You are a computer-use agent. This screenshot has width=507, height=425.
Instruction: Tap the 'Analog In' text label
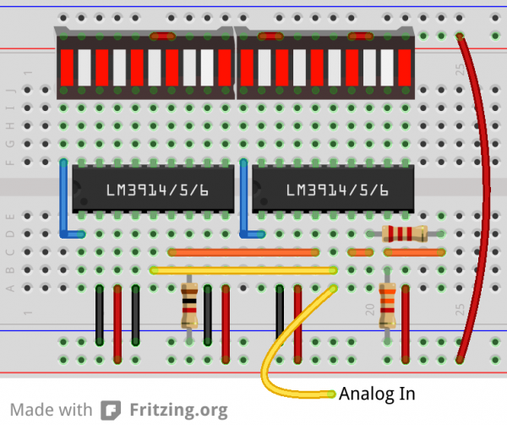click(x=377, y=394)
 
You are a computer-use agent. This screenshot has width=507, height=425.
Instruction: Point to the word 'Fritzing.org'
click(x=178, y=411)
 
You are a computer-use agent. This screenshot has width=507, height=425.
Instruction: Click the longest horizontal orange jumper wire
click(x=243, y=252)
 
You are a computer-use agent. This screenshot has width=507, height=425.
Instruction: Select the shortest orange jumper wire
click(x=361, y=252)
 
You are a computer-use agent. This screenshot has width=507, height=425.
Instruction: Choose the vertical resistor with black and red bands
click(x=189, y=306)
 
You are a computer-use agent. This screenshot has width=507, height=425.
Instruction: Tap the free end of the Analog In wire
click(x=331, y=394)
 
